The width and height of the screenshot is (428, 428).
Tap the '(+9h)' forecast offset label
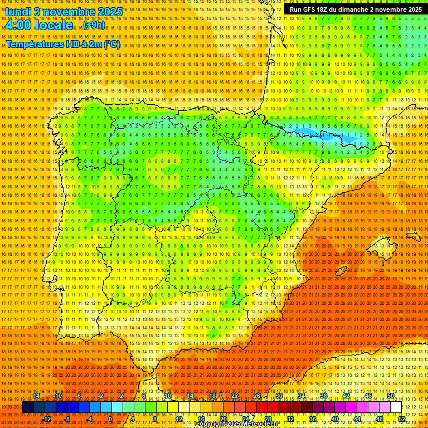tap(93, 25)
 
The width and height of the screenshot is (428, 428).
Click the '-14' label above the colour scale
tap(36, 396)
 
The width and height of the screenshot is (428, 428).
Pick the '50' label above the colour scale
tap(391, 396)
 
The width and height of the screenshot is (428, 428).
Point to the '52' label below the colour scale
tap(402, 419)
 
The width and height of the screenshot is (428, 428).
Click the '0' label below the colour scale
tap(110, 419)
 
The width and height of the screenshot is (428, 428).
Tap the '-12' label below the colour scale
tap(47, 419)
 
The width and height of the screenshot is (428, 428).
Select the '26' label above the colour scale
tap(257, 396)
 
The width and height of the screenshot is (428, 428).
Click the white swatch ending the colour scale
tap(396, 407)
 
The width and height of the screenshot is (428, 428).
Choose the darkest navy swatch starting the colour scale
tap(28, 407)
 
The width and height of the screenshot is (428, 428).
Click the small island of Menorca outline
tap(413, 236)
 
